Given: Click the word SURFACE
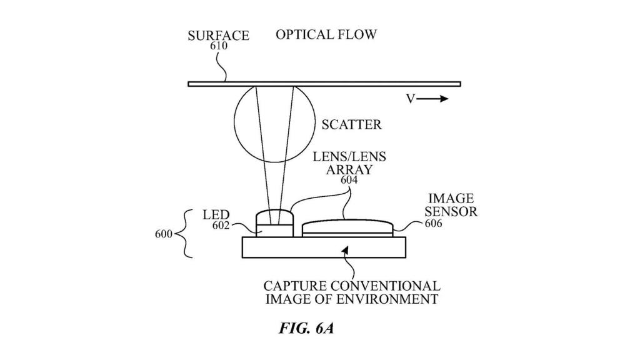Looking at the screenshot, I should [218, 36].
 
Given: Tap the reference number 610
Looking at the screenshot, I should [218, 46].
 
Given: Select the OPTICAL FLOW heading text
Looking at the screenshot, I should [326, 34].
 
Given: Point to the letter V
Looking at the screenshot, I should [411, 99].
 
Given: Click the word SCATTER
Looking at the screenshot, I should [351, 125].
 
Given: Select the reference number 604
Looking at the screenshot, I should [350, 180].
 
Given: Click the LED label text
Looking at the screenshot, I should [216, 216].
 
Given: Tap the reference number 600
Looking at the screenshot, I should [164, 235].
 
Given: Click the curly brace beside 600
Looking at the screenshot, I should [185, 235].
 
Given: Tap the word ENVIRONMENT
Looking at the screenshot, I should [392, 299].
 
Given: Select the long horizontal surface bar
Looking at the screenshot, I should [324, 84].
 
